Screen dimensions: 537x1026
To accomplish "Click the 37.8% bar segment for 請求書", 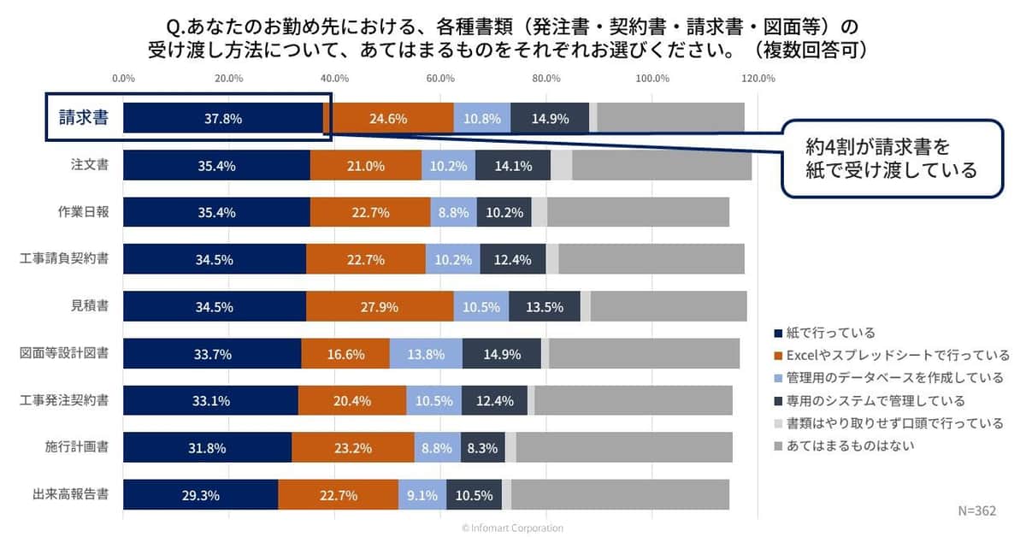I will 223,119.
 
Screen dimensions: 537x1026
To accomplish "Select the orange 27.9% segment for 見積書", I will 380,306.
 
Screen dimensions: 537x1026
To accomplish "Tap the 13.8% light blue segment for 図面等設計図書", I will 426,353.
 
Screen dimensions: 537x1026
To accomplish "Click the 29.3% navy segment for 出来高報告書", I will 200,494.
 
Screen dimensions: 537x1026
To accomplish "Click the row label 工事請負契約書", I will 64,259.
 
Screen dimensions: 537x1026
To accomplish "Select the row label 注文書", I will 89,165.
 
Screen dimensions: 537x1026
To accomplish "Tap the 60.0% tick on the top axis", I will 440,79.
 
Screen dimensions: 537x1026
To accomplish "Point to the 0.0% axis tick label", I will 123,79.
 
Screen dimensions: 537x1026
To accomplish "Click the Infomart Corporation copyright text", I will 512,528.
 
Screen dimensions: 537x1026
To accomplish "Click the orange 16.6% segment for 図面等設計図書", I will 345,353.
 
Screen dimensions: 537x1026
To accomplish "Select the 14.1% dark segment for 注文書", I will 513,165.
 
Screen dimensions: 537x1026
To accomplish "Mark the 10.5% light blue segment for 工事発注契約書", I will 433,400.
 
